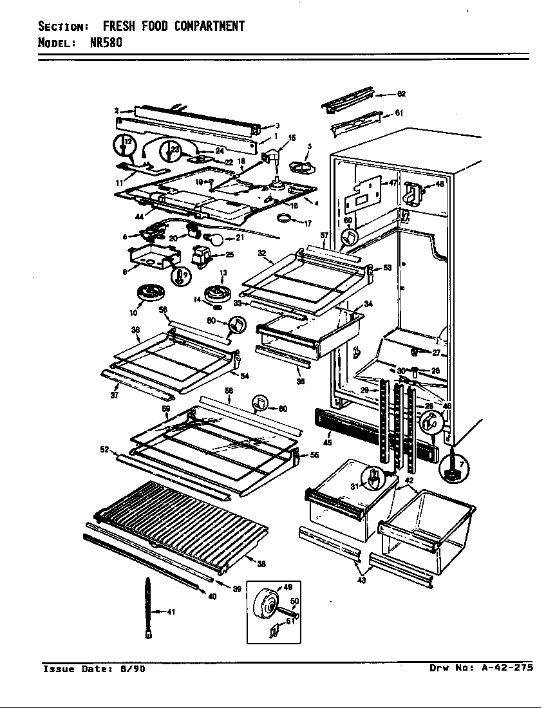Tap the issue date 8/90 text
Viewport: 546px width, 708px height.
click(x=132, y=669)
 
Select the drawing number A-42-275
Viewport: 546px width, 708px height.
click(x=507, y=667)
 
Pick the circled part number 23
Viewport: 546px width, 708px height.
click(x=169, y=151)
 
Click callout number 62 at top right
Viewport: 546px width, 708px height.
click(x=401, y=94)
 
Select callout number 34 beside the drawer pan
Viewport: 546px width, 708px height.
click(x=368, y=303)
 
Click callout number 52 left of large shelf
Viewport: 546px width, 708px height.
click(x=104, y=449)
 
